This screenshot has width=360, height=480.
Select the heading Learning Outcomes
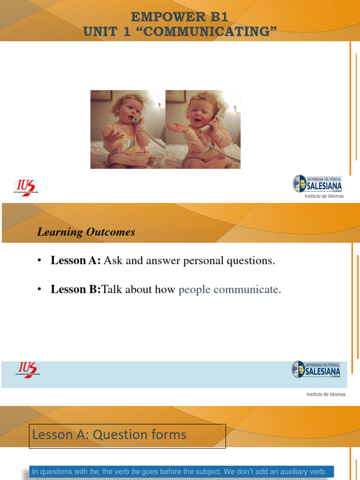[86, 232]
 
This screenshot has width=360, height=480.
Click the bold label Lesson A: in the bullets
[75, 261]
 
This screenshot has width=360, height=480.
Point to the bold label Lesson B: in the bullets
[75, 290]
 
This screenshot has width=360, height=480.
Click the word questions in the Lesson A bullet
[250, 261]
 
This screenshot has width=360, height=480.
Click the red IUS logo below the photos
[26, 187]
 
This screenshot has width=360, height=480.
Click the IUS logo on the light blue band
[27, 370]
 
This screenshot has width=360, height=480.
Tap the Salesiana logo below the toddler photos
[318, 184]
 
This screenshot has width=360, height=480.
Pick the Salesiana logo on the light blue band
[316, 369]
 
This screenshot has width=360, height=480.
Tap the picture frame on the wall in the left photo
[101, 96]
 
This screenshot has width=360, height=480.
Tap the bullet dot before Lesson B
[40, 290]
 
